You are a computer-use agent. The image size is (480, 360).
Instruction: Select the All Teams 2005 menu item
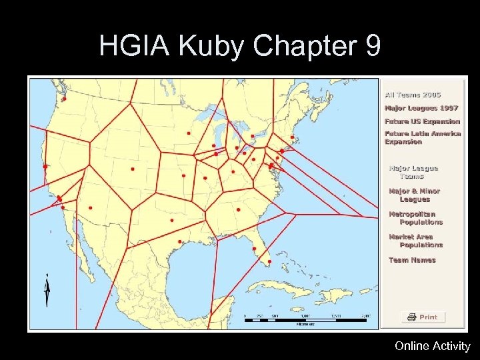tap(412, 96)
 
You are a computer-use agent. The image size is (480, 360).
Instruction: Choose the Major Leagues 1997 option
tap(420, 109)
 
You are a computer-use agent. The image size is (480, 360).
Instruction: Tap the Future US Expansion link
tap(422, 121)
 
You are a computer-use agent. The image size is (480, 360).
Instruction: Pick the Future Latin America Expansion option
tap(422, 137)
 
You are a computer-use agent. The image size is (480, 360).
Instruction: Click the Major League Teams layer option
tap(413, 172)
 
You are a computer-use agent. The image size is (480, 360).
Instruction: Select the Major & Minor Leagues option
tap(414, 195)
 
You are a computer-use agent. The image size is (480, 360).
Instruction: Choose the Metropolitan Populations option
tap(415, 218)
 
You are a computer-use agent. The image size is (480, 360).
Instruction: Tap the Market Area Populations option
tap(415, 241)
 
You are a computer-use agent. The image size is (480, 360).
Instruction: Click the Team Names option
tap(412, 260)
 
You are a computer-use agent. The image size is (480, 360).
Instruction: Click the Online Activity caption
tap(432, 346)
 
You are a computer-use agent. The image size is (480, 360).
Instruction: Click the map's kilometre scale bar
tap(307, 320)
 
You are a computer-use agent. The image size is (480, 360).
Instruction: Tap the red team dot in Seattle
tap(65, 99)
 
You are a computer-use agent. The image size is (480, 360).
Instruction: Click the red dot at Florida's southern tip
tap(269, 261)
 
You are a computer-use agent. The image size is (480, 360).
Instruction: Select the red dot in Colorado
tap(133, 169)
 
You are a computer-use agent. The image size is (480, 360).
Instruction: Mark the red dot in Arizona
tap(91, 207)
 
